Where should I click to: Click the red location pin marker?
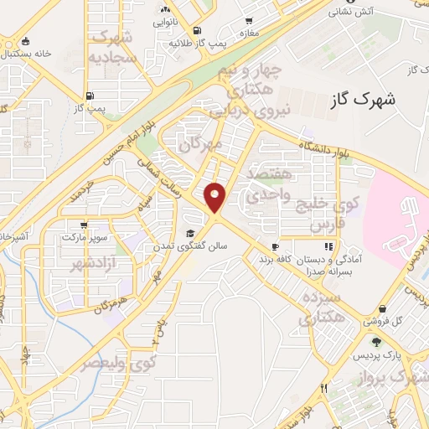216,197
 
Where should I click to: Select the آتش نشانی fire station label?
350,12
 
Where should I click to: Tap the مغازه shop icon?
249,21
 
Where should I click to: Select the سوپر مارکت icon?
84,225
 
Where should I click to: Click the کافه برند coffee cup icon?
274,246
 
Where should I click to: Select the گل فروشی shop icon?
382,309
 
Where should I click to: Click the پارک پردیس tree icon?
376,340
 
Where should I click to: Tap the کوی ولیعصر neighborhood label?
118,364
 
